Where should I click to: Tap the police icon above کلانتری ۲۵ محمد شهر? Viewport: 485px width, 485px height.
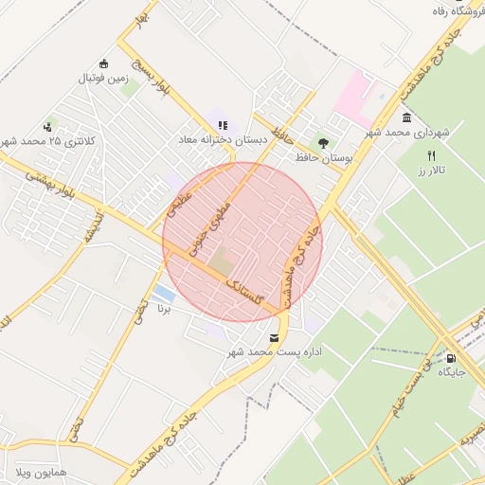[x=48, y=127]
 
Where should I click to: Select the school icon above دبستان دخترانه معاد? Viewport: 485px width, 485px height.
[x=223, y=125]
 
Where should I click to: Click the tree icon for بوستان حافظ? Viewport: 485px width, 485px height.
[x=324, y=143]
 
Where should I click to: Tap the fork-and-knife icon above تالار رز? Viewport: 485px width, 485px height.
[x=432, y=155]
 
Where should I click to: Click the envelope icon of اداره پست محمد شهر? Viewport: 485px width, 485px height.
[x=275, y=338]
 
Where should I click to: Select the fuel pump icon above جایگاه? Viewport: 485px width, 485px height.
[x=451, y=358]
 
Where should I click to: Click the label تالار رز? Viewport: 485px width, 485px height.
[x=431, y=171]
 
